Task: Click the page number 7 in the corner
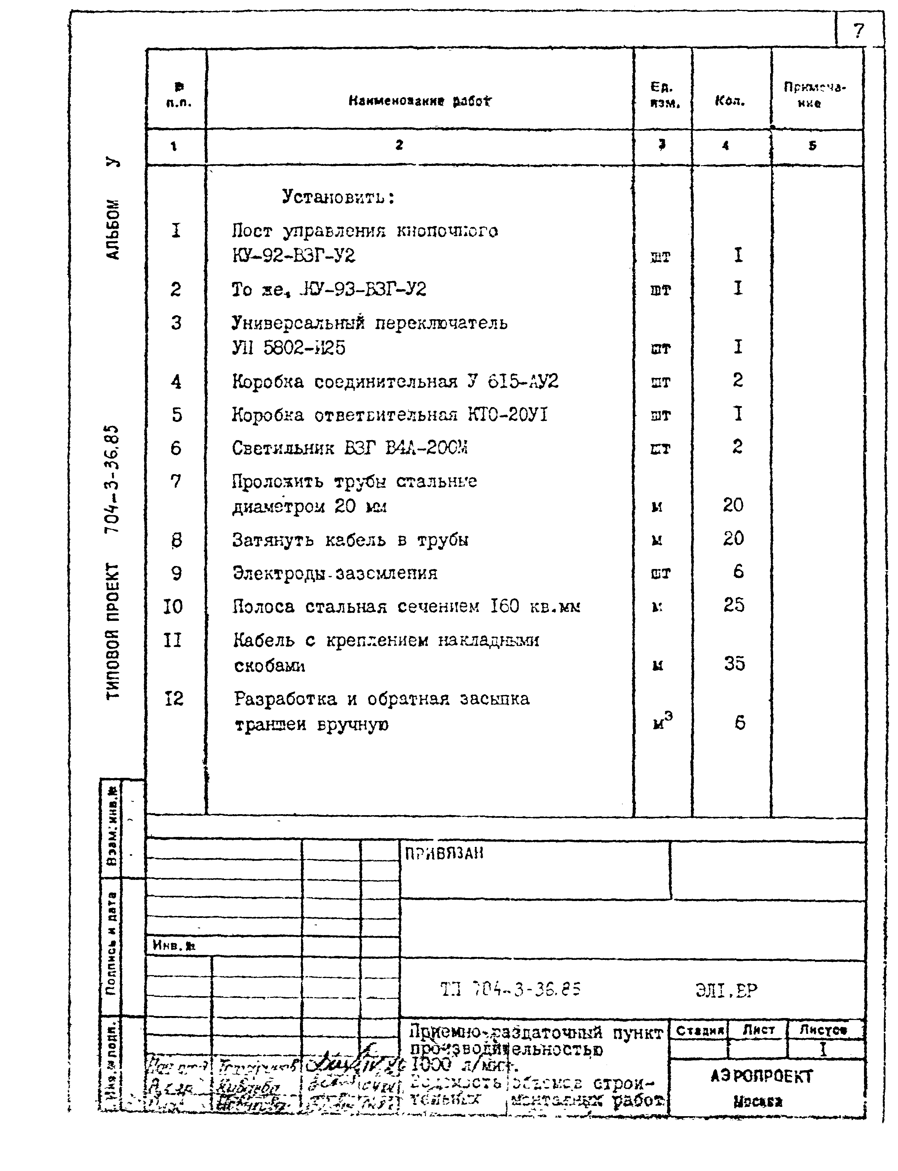[x=858, y=31]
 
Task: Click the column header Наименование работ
[x=420, y=100]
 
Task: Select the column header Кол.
[x=730, y=100]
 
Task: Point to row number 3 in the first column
[x=176, y=323]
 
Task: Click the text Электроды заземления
[x=335, y=573]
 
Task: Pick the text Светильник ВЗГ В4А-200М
[x=350, y=448]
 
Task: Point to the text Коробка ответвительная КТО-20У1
[x=390, y=415]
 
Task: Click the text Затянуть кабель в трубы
[x=350, y=540]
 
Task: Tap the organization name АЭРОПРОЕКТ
[x=761, y=1076]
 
